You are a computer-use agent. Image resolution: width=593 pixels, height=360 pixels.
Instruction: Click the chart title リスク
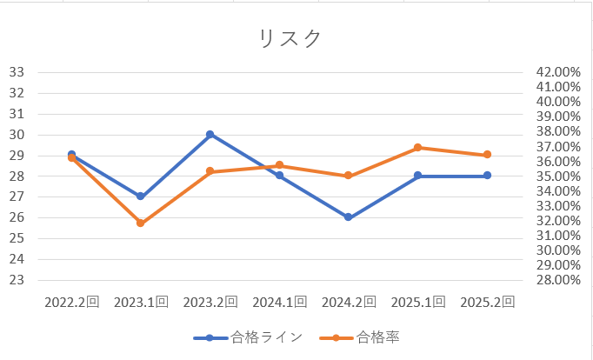290,39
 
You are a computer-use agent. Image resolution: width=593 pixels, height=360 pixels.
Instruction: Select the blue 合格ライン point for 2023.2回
210,135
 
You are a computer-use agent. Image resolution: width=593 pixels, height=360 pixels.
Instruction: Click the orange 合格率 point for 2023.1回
141,223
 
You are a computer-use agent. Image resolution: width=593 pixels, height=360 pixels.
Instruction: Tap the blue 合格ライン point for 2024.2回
349,217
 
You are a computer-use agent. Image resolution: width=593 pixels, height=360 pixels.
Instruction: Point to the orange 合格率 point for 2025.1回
418,148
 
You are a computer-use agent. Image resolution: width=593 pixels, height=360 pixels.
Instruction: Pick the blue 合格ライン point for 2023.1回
141,197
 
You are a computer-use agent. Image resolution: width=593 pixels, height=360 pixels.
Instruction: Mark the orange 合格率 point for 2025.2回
488,155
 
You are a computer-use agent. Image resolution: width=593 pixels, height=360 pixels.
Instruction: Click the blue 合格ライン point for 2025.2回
488,176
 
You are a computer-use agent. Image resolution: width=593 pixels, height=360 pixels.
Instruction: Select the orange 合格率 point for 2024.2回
349,176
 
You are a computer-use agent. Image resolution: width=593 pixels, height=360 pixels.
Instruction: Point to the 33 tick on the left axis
16,72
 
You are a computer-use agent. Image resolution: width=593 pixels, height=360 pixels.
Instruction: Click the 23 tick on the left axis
16,280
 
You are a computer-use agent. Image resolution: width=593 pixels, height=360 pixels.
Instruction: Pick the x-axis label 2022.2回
71,303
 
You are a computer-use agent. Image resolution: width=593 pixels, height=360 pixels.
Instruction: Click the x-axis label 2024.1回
279,303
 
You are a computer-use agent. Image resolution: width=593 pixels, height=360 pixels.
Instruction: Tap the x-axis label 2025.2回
488,303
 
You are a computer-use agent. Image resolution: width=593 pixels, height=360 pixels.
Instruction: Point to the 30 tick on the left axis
16,135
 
